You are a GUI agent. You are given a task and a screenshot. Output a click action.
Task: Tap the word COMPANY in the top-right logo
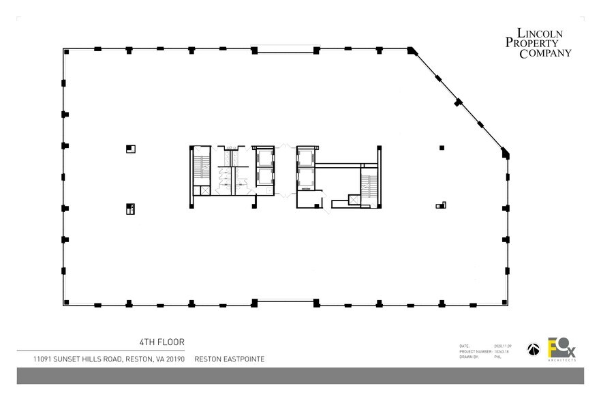[545, 54]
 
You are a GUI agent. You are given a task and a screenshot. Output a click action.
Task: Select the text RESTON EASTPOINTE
[230, 359]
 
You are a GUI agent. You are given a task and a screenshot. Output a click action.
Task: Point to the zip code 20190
[173, 359]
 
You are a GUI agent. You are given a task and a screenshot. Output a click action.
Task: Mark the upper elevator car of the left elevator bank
[264, 156]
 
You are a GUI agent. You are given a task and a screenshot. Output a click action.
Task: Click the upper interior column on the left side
[130, 148]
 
